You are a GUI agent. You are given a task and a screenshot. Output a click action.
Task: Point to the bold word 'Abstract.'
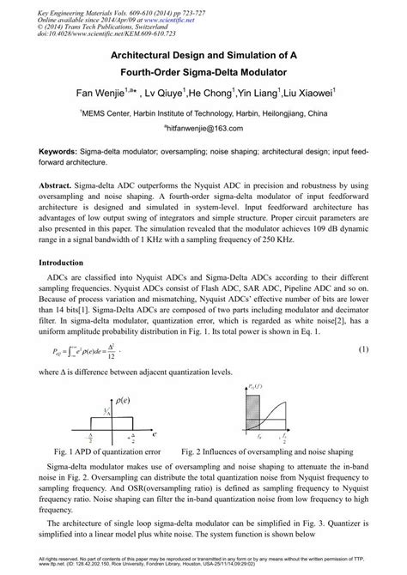[x=64, y=185]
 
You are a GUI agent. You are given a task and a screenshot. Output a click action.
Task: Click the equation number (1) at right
[x=362, y=349]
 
